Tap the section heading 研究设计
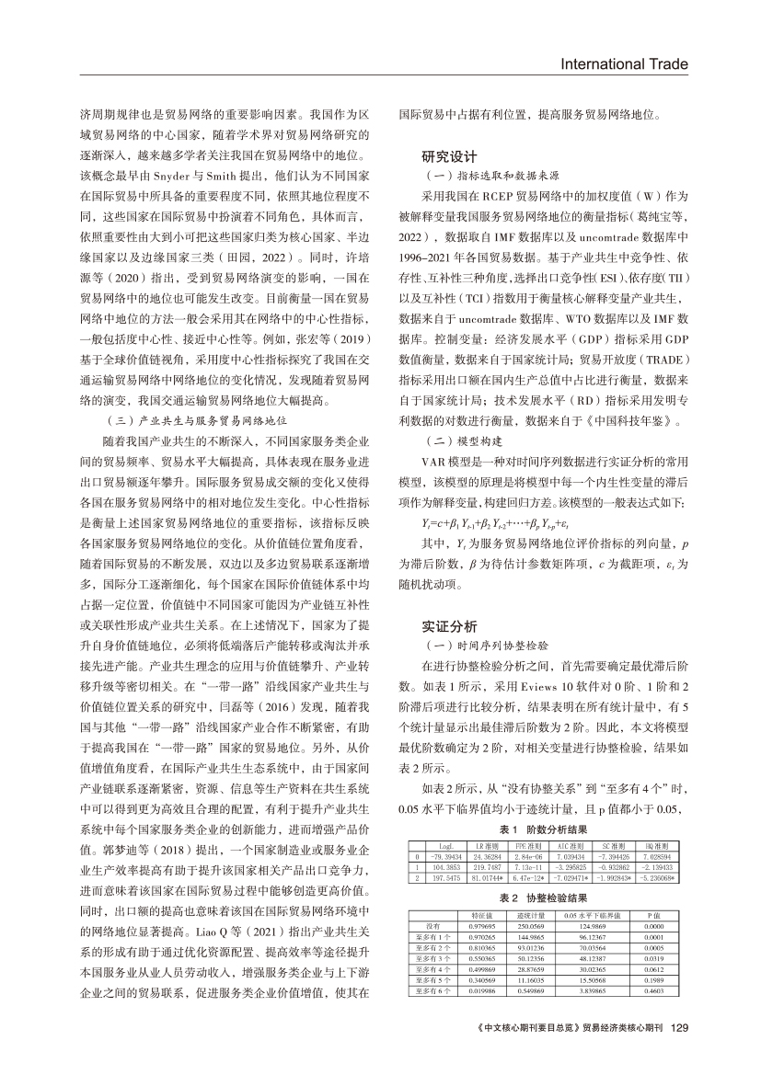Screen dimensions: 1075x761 point(447,155)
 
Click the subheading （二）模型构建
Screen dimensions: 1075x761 point(455,439)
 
